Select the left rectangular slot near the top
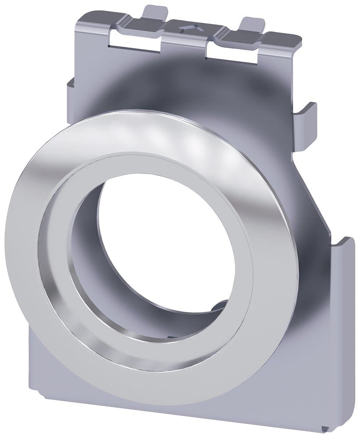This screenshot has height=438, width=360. tap(134, 41)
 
